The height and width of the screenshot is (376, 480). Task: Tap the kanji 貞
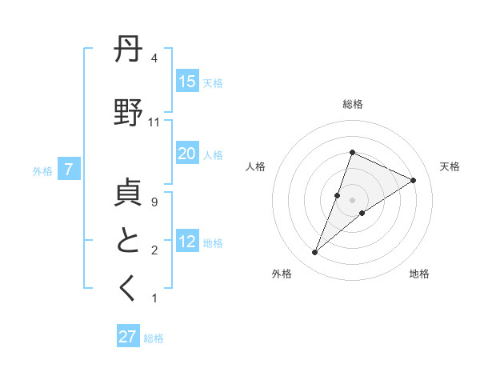coord(129,194)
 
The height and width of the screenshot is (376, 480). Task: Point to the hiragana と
coord(129,241)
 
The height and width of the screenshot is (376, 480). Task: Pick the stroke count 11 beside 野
coord(154,122)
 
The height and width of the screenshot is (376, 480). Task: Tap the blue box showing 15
coord(187,82)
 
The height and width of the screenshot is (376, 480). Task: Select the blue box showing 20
coord(187,154)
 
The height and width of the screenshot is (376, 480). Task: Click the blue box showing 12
coord(187,242)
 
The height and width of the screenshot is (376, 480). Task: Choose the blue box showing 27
coord(128,337)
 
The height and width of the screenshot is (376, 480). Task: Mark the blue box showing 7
coord(70,170)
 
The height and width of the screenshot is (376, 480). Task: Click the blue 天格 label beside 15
coord(213,82)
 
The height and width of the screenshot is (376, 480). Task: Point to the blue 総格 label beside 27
coord(154,338)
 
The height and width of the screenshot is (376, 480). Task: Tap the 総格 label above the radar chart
coord(353,104)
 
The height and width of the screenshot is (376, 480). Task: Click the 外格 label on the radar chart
coord(282,274)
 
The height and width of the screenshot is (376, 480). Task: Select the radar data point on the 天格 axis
coord(414,180)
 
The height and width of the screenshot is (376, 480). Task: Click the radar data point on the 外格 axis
coord(315,253)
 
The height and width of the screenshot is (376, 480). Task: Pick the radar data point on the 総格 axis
coord(352,152)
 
